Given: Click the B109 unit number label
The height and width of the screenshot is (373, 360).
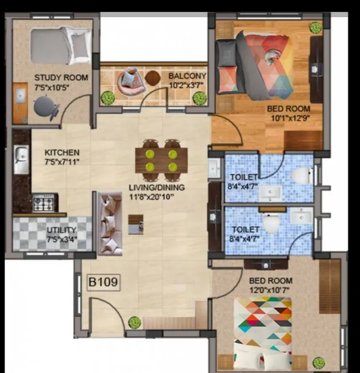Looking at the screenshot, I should coord(103,282).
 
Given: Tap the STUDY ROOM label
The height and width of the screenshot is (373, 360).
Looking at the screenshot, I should coord(61,77).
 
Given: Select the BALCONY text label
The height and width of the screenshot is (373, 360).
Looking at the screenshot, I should coord(187,76).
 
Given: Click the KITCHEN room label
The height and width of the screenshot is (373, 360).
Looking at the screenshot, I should coord(62,153).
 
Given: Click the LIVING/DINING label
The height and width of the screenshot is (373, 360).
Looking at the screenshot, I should coord(156,187).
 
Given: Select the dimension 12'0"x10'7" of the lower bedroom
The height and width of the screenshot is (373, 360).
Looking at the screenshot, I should coord(270,289).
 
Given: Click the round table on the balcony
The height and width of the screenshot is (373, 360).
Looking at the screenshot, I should coord(152,77).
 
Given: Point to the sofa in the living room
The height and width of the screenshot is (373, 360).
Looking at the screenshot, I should coord(110,223).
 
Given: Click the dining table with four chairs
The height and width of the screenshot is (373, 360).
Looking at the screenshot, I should coord(161,160).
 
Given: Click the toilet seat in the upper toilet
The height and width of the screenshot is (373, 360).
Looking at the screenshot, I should coord(301,176).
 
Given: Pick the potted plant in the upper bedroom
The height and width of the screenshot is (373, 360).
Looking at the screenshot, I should coord(315,28).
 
